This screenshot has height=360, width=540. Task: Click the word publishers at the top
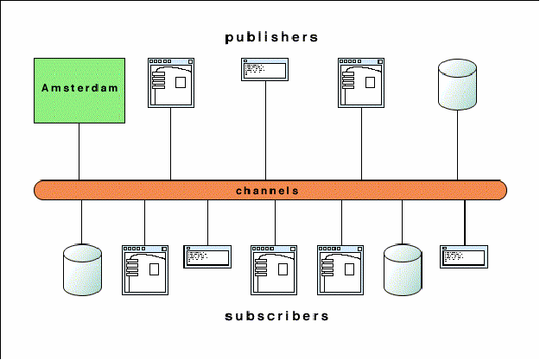click(271, 37)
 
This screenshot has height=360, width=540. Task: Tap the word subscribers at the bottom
click(276, 316)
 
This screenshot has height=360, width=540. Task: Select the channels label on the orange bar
click(267, 190)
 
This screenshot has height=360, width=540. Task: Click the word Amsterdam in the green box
click(79, 88)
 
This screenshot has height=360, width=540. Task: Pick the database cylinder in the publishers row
click(458, 85)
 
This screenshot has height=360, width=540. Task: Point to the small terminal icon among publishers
click(265, 69)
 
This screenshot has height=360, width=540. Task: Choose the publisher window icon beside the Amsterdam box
click(171, 83)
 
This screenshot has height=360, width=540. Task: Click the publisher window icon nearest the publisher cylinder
click(360, 83)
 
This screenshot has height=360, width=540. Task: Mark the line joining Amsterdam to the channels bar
click(79, 151)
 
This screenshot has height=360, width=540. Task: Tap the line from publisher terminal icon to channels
click(265, 129)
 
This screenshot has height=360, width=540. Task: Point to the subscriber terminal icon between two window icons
click(207, 256)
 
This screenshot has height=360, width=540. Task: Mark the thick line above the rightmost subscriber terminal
click(465, 223)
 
